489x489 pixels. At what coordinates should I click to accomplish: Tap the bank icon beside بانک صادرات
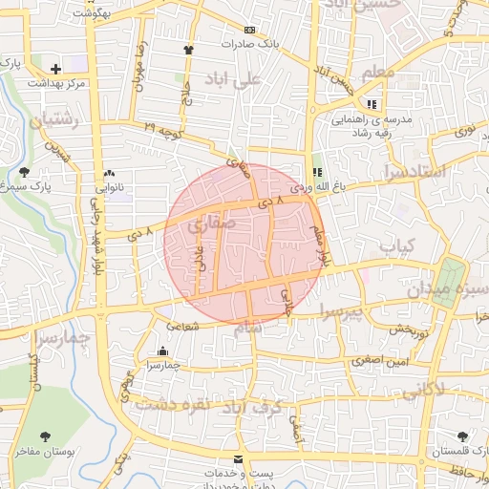pos(250,29)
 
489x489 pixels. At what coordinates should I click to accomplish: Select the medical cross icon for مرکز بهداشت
pos(55,69)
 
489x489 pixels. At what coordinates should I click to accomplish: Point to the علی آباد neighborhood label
pos(232,81)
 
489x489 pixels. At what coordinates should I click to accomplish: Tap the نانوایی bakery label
pos(105,187)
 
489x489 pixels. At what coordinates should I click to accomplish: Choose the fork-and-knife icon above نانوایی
pos(107,172)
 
